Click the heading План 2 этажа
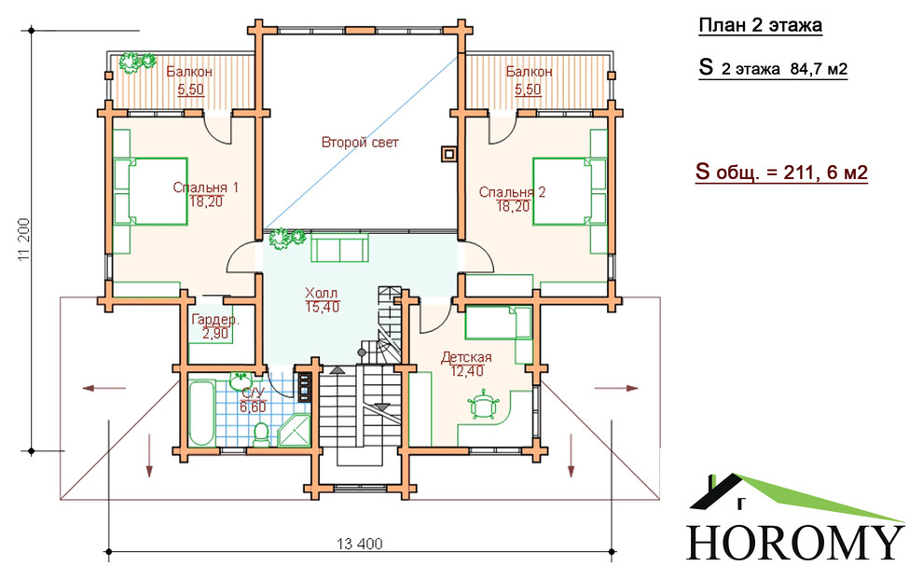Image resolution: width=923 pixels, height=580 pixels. pos(760,26)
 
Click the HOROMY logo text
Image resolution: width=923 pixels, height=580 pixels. pos(795,542)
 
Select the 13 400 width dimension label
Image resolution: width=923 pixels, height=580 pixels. pos(360,544)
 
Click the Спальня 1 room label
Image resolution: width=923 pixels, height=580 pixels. pos(205,187)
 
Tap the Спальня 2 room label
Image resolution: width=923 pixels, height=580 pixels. pos(512,192)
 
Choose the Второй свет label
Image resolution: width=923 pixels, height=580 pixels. pos(360,143)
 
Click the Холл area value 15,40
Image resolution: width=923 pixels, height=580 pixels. pos(323,307)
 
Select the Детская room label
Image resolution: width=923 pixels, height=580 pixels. pos(466,357)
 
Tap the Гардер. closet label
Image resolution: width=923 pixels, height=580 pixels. pos(215,321)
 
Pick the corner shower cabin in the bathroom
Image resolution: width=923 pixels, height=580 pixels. pos(293,431)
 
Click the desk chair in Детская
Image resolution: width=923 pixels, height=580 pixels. pos(484,404)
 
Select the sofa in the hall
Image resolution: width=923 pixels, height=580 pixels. pos(339,247)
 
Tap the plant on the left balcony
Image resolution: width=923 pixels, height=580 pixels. pos(136,62)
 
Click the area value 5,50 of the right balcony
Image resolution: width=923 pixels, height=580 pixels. pos(528,90)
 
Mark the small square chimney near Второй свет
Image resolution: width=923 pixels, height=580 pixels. pos(448,154)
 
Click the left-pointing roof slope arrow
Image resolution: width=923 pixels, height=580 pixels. pos(104,388)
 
